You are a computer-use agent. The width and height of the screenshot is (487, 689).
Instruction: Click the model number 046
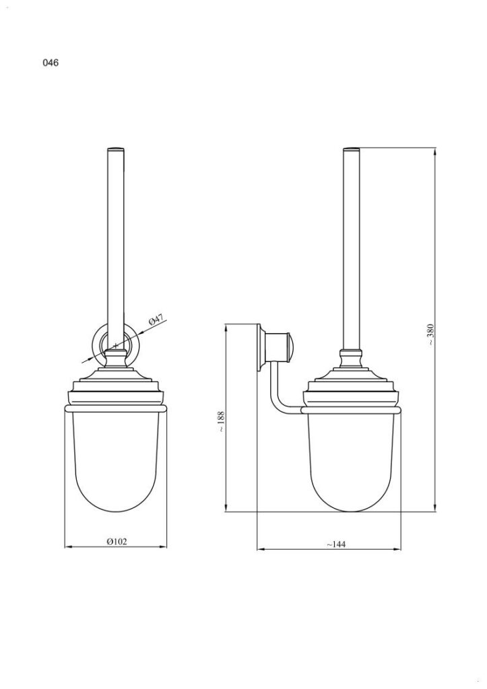(x=51, y=64)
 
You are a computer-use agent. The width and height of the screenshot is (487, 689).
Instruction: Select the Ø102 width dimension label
(x=116, y=541)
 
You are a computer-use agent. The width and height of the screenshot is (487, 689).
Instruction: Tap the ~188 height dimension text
(x=220, y=421)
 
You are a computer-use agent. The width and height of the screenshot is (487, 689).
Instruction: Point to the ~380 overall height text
(x=430, y=334)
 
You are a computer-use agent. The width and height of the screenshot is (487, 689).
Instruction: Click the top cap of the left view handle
(x=116, y=147)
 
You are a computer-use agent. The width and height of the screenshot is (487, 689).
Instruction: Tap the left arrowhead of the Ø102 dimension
(x=67, y=547)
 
